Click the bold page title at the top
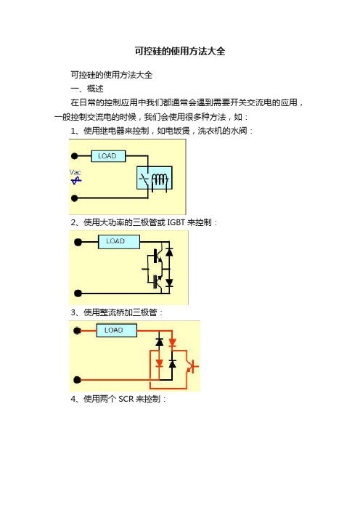(180, 51)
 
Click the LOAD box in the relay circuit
(108, 156)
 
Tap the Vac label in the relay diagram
(75, 172)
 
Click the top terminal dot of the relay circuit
(75, 156)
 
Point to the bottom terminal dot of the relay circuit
(75, 198)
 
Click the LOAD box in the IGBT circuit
(119, 242)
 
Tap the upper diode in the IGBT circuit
(169, 252)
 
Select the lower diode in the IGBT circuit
(169, 283)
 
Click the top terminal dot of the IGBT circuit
(78, 242)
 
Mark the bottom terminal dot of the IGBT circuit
(78, 293)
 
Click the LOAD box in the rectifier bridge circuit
(116, 331)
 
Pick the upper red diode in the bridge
(173, 342)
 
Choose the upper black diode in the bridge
(159, 342)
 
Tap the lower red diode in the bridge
(159, 363)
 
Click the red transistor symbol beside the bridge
(192, 367)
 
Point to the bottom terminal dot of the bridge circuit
(78, 379)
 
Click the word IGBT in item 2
(176, 222)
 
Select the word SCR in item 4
(126, 399)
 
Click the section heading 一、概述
(87, 89)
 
